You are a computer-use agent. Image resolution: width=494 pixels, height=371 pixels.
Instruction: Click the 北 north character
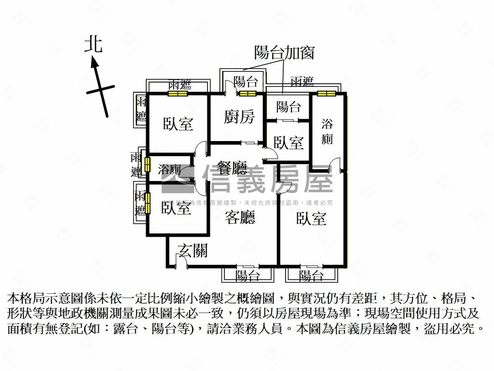click(94, 44)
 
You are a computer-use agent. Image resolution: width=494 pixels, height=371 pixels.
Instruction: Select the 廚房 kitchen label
click(239, 116)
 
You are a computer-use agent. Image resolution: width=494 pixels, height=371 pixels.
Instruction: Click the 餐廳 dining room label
click(232, 169)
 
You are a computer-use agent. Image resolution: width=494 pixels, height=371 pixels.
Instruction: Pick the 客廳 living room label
click(240, 218)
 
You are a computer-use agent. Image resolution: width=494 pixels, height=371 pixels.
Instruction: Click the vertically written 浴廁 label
click(327, 131)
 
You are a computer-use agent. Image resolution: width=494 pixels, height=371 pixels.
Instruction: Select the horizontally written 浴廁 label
click(169, 170)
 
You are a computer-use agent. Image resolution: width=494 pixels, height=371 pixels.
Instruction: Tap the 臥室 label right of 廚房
click(288, 143)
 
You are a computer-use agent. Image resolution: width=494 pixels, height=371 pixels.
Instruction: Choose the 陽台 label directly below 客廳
click(248, 276)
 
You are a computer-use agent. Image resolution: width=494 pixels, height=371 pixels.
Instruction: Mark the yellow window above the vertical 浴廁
click(327, 94)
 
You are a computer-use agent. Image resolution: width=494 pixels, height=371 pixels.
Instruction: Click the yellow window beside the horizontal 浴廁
click(147, 165)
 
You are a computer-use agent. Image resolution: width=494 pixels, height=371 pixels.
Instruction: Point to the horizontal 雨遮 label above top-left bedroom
click(179, 84)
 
